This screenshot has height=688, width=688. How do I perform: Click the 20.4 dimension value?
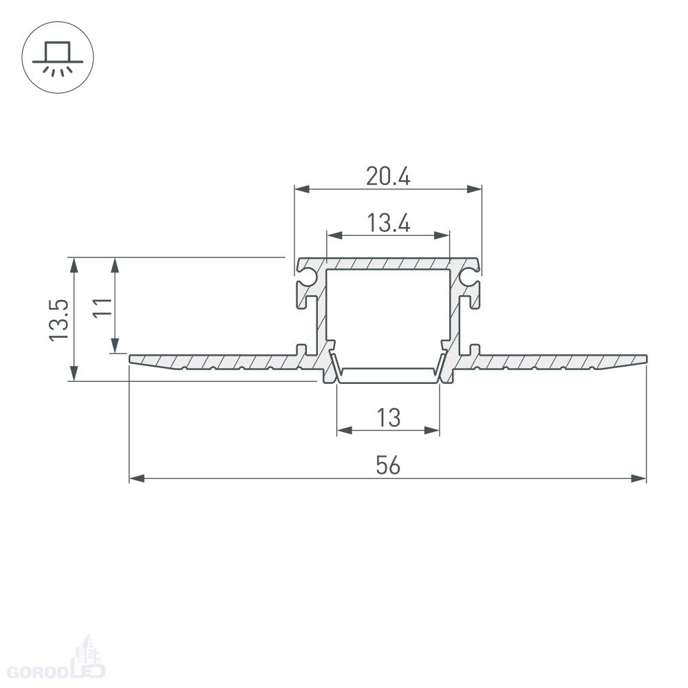pyautogui.click(x=388, y=176)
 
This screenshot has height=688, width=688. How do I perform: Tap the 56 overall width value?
pyautogui.click(x=388, y=465)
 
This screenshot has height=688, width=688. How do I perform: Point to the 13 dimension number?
pyautogui.click(x=388, y=418)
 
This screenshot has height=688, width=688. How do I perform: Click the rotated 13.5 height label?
pyautogui.click(x=58, y=320)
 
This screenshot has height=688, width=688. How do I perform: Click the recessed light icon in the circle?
pyautogui.click(x=58, y=58)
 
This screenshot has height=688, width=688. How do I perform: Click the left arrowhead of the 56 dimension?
pyautogui.click(x=137, y=478)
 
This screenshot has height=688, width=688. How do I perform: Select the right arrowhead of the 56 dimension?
pyautogui.click(x=639, y=478)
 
